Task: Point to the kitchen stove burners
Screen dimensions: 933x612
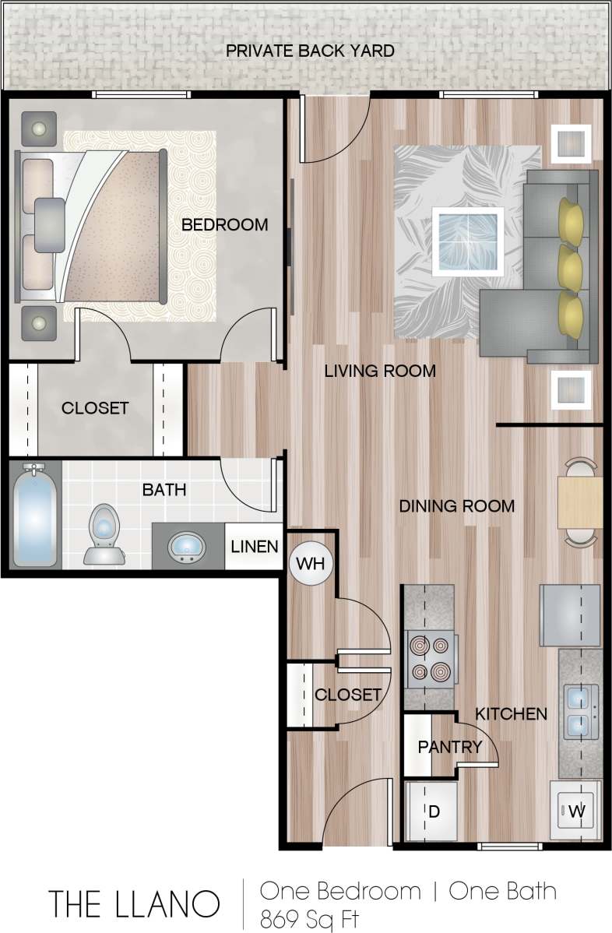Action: pos(431,659)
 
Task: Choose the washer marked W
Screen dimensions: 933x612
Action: pos(576,811)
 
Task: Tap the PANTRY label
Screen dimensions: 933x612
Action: pos(450,747)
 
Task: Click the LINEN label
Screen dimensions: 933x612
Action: pos(255,546)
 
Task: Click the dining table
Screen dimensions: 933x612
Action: pos(580,502)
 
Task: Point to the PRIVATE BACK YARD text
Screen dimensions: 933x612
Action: pos(310,51)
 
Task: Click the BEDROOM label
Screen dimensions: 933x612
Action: pos(224,225)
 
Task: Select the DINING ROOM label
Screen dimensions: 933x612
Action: pos(456,506)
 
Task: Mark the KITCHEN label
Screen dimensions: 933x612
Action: pos(511,713)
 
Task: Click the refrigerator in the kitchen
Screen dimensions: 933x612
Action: pos(571,615)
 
